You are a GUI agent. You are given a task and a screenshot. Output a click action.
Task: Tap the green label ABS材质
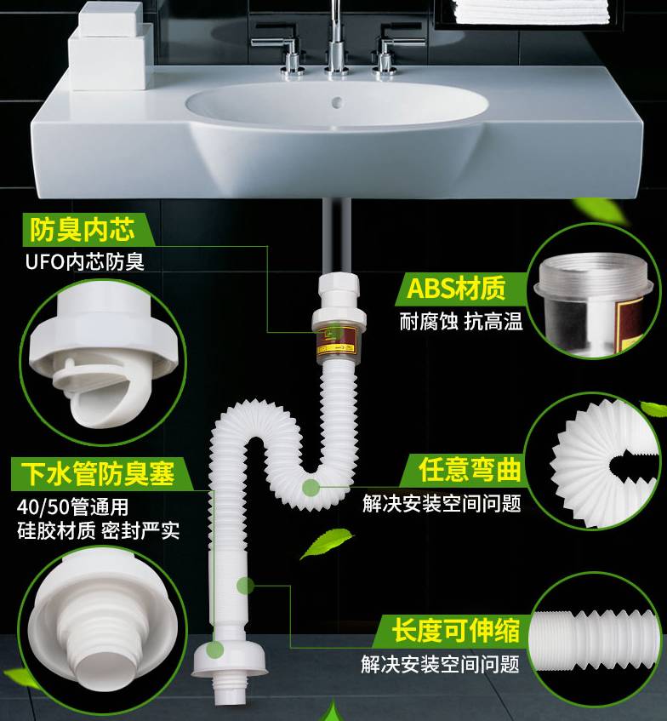456,289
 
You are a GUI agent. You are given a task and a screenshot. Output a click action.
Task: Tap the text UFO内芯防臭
84,261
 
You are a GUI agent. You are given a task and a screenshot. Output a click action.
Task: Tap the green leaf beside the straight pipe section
324,541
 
